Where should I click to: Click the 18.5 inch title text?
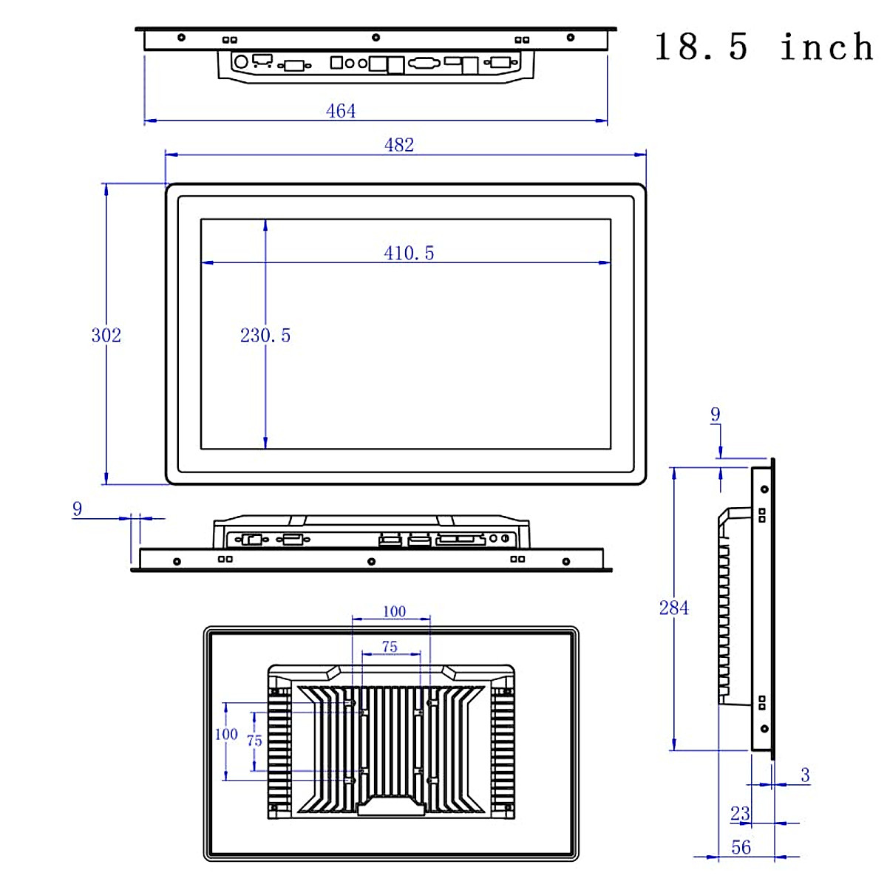click(764, 47)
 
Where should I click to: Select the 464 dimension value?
click(341, 111)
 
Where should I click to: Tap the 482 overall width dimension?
click(399, 145)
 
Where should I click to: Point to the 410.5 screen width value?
click(409, 253)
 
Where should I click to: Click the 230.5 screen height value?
click(265, 335)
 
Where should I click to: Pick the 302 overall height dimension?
click(106, 335)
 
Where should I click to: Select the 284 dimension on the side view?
click(673, 608)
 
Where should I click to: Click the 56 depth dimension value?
click(741, 847)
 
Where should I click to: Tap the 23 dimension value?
click(740, 814)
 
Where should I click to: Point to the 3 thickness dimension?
click(805, 775)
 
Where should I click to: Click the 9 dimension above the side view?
click(715, 415)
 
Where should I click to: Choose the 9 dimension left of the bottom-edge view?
click(78, 509)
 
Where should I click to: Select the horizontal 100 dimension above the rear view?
click(394, 611)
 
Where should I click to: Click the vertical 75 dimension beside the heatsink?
click(254, 741)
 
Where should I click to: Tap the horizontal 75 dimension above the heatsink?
click(390, 647)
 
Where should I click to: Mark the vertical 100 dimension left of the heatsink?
click(226, 734)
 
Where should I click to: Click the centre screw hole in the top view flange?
click(375, 37)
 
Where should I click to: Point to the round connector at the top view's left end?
click(240, 62)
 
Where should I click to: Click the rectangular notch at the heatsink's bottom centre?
click(392, 806)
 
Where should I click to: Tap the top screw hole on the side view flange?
click(764, 489)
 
